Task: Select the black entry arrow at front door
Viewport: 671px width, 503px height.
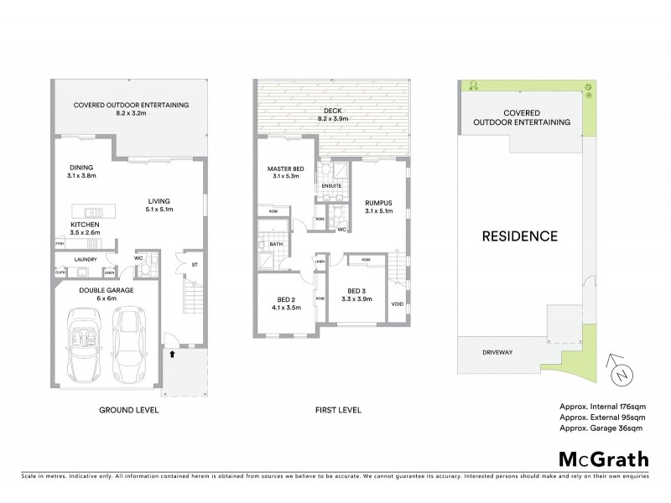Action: (172, 354)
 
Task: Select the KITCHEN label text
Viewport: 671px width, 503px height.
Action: (86, 226)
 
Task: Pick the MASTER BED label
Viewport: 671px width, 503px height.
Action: (284, 171)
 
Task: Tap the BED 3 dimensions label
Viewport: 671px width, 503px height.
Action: (354, 299)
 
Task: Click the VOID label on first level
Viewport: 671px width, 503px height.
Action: (398, 303)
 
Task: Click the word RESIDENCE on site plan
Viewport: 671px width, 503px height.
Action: (519, 236)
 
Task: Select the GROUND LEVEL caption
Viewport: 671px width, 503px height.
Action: (129, 412)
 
